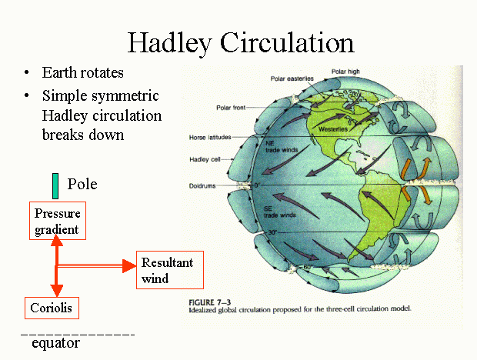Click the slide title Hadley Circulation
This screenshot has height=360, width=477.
click(x=241, y=43)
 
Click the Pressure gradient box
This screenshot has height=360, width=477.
click(x=58, y=221)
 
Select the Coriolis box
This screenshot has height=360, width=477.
click(x=52, y=308)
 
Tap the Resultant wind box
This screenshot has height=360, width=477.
click(x=170, y=270)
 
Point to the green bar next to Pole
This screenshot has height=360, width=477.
click(x=55, y=186)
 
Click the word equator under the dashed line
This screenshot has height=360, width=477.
click(x=55, y=343)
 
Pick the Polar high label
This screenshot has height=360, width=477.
click(x=345, y=72)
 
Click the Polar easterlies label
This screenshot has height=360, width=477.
click(x=292, y=78)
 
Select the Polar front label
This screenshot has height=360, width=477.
click(x=231, y=108)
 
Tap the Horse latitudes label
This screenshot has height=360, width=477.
click(x=210, y=138)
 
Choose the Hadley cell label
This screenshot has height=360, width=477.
click(x=205, y=160)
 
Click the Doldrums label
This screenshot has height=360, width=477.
click(x=202, y=186)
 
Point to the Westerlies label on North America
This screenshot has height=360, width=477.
click(x=333, y=129)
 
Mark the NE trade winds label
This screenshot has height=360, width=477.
click(x=282, y=147)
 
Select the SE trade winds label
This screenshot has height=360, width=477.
click(x=279, y=212)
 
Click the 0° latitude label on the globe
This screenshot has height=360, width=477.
click(x=258, y=185)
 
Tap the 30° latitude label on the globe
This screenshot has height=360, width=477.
click(x=272, y=232)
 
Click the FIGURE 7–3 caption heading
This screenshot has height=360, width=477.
click(x=209, y=302)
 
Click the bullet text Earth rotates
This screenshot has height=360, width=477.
click(x=83, y=72)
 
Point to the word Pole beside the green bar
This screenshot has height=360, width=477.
click(x=82, y=184)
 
